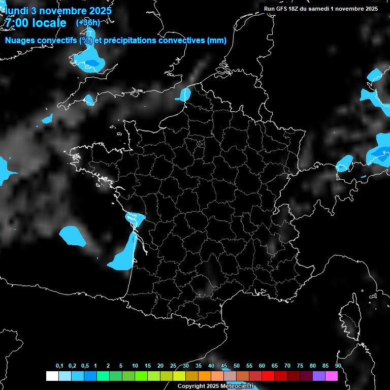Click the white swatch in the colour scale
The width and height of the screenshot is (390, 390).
52,376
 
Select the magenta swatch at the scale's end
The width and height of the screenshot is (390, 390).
332,376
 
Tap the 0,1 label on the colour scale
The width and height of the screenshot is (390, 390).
59,366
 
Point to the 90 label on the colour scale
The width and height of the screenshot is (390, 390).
338,366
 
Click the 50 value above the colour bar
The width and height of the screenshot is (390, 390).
237,366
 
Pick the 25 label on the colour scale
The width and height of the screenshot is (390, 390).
173,366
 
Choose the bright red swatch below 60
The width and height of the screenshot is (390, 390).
268,376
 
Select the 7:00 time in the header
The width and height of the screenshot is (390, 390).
18,23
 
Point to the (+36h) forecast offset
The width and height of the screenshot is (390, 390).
88,23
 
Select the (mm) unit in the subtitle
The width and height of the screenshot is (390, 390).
217,41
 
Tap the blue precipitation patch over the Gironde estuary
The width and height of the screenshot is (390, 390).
135,218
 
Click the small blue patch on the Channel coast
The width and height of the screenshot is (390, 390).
185,94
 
